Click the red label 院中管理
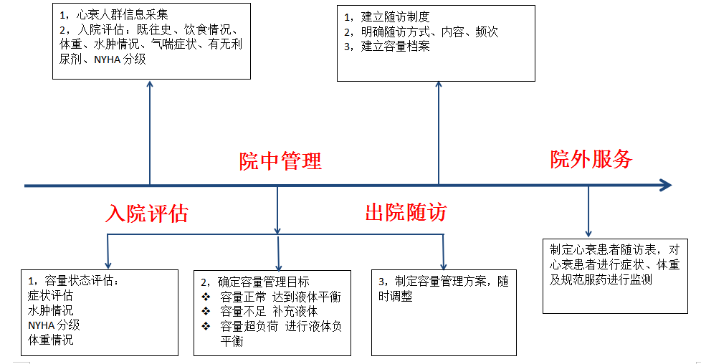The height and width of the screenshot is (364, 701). pos(280,161)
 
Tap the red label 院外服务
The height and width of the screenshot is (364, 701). pos(591,159)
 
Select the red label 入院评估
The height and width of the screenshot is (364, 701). pos(147,214)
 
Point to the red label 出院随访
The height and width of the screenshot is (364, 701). pos(406,212)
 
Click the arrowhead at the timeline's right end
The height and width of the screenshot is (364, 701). pos(666,185)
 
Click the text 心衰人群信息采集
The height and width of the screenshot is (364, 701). pos(122,15)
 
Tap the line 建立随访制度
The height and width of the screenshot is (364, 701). pos(395,17)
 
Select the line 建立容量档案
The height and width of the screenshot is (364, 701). pos(395,47)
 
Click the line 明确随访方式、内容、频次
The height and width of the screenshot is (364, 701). pos(429,32)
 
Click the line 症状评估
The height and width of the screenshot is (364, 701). pos(50,296)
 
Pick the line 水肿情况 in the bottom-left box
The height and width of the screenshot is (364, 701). pos(50,310)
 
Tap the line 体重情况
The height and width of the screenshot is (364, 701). pos(50,340)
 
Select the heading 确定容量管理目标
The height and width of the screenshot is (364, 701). pos(263,282)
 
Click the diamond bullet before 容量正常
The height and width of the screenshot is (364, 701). pos(206,297)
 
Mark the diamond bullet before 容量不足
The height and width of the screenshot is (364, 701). pos(206,311)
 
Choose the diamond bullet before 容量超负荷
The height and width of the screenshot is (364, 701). pos(206,326)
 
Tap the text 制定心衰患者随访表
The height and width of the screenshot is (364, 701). pos(601,250)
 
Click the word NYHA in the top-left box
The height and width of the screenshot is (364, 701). pos(108,59)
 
